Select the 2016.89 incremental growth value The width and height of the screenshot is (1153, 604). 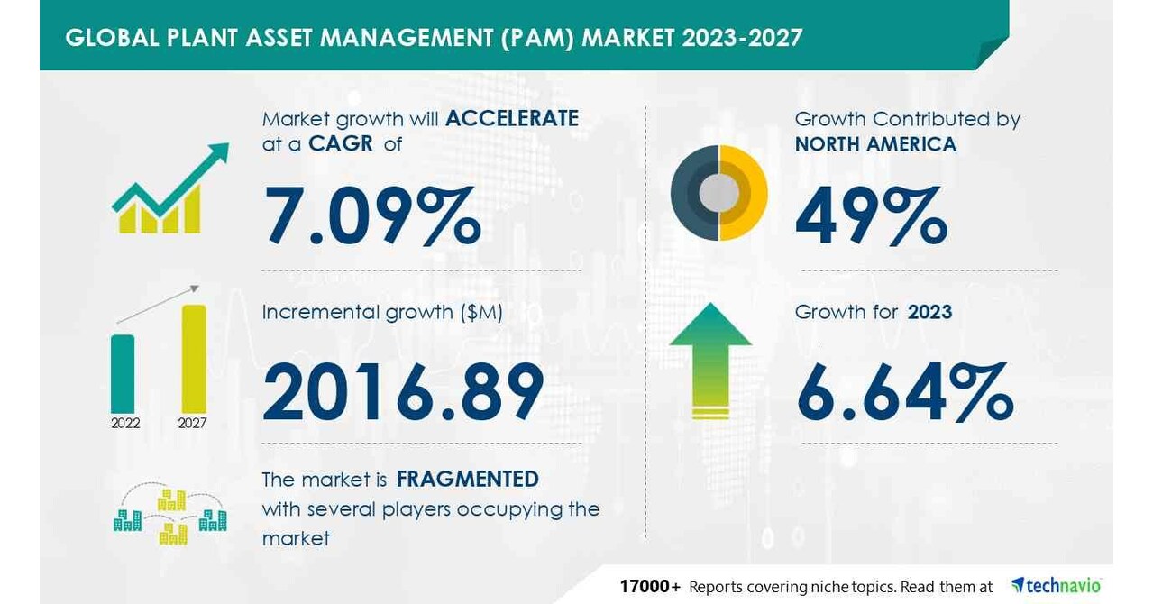pos(403,391)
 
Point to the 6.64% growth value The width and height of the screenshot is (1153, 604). pos(904,391)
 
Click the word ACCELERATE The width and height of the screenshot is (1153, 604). pos(512,118)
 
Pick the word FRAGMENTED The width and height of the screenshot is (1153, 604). pos(468,479)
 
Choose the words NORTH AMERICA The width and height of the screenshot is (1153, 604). pos(875,144)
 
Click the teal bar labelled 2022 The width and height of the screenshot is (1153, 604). pos(123,373)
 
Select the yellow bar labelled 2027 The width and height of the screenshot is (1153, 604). pos(194,358)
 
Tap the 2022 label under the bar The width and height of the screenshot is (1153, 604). pos(125,423)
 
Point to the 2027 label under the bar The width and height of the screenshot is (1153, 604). pos(192,423)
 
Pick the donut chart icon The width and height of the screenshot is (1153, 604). pos(718,193)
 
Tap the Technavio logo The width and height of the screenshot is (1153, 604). pos(1057,586)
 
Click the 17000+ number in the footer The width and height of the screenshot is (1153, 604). pos(649,587)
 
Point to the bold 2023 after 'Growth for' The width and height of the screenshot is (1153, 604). pos(929,312)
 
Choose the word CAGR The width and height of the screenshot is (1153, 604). pos(340,143)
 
